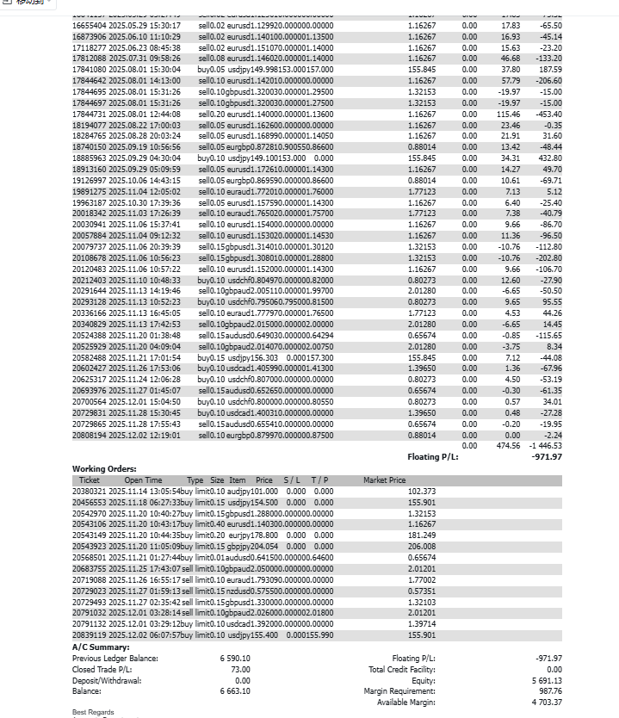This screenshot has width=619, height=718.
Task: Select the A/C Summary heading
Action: [x=101, y=647]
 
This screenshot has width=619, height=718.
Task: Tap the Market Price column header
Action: [x=384, y=480]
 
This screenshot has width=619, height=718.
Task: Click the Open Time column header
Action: [x=143, y=480]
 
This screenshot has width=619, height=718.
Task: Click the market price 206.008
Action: [x=421, y=546]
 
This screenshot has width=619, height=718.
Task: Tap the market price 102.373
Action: [x=421, y=491]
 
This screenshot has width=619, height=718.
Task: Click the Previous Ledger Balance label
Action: [x=115, y=658]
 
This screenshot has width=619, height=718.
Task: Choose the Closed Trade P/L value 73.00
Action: [x=240, y=669]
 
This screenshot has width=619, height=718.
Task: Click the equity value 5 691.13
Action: [x=546, y=680]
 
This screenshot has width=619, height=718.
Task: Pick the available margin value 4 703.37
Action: [x=546, y=702]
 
